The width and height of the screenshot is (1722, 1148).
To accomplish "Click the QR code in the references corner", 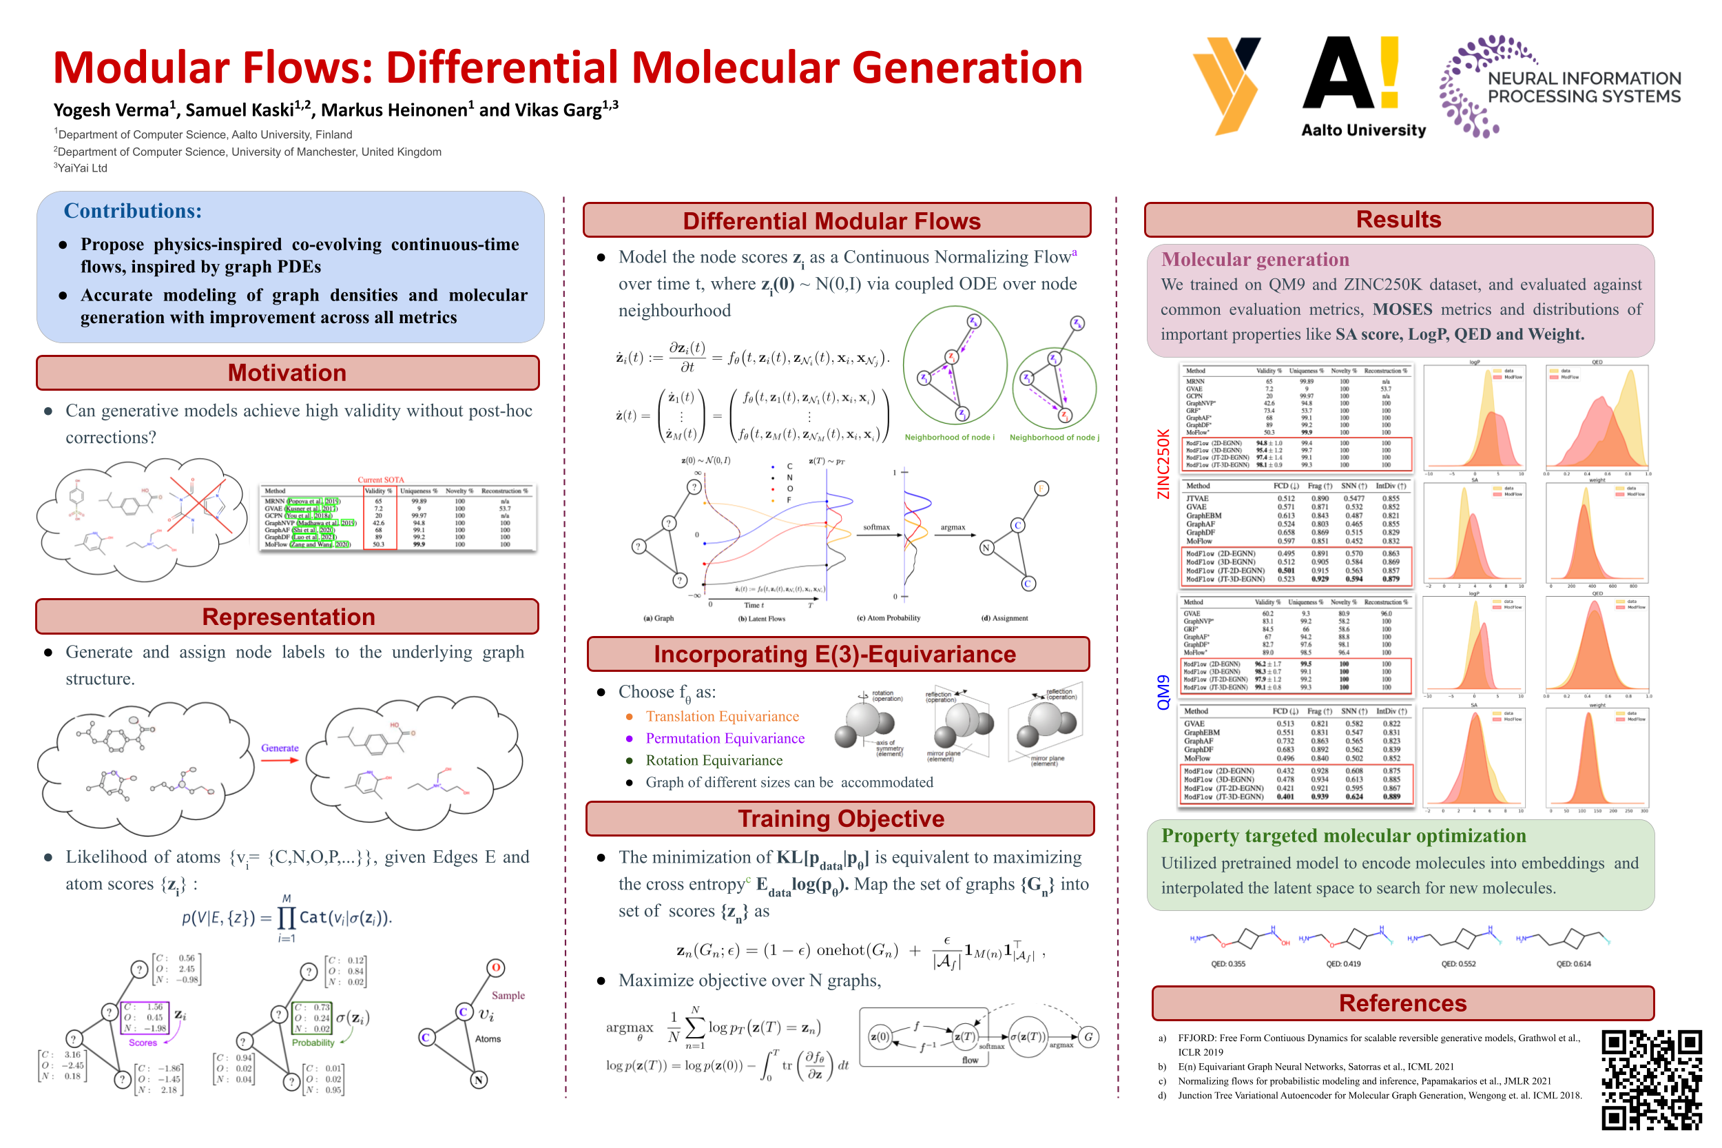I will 1651,1079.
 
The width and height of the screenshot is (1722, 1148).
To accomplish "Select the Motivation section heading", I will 287,373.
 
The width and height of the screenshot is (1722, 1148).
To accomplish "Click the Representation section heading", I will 288,617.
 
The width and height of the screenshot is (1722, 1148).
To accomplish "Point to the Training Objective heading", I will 840,818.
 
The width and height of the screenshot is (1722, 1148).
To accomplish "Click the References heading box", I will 1402,1003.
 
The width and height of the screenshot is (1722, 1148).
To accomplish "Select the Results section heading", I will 1398,220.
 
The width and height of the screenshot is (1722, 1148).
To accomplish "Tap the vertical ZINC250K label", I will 1163,464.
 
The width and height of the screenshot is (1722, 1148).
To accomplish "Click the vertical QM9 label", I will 1163,692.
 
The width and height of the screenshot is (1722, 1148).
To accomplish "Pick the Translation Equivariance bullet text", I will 722,716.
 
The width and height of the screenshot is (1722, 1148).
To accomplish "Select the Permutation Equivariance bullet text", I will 725,738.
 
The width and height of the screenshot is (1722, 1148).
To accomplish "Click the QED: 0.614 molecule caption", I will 1573,963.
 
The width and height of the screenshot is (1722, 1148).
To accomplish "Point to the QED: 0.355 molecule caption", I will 1227,963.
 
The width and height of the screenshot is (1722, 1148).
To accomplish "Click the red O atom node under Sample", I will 495,968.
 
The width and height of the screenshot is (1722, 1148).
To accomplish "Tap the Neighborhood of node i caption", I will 949,437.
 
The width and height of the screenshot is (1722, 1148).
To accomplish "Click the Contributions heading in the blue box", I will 132,211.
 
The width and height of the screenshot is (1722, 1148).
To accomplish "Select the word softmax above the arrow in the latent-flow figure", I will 876,527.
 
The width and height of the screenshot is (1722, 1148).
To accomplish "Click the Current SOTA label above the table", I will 380,480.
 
